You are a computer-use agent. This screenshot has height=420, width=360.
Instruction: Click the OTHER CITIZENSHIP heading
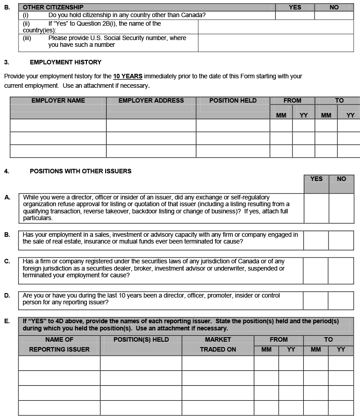(53, 7)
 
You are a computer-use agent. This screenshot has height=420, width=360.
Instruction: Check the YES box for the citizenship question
(295, 15)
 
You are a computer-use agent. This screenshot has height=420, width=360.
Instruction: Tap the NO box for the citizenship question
(334, 15)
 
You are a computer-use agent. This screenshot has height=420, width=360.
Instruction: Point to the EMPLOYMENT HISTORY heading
(66, 62)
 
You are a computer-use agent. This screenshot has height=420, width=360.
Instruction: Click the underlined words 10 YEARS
(127, 76)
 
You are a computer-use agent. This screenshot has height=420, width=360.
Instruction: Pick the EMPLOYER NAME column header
(58, 100)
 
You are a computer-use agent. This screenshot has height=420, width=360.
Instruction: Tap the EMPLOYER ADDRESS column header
(151, 100)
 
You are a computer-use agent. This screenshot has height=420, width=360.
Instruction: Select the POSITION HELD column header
(233, 100)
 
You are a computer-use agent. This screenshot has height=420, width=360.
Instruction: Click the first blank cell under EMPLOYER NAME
(58, 125)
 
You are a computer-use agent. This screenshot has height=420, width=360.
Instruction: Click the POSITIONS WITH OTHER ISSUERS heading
(81, 171)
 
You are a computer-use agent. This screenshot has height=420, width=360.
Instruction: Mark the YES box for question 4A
(316, 208)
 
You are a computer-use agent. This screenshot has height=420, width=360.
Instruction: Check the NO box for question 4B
(341, 240)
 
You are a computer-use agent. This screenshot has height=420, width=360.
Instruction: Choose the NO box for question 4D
(341, 301)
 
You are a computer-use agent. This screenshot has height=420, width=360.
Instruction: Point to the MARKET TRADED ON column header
(218, 344)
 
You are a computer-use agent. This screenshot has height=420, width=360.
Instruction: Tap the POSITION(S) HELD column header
(141, 339)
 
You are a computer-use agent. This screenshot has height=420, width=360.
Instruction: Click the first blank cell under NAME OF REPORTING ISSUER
(59, 363)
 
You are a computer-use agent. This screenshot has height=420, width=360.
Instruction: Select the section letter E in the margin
(7, 321)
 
